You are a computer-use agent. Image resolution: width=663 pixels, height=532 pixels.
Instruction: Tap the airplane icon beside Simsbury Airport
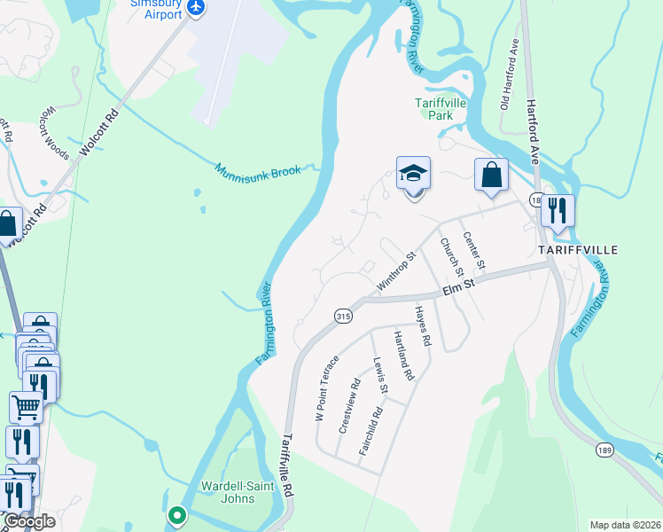[x=196, y=9]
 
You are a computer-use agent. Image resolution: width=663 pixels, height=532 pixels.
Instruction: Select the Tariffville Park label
[x=434, y=109]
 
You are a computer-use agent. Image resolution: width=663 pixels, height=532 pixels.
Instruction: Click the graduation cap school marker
[x=413, y=174]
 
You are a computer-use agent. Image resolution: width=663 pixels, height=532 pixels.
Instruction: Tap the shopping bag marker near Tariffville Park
[x=491, y=176]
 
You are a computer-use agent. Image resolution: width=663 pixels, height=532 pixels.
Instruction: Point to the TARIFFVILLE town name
[x=578, y=251]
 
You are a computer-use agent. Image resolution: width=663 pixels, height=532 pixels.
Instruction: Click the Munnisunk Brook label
[x=258, y=168]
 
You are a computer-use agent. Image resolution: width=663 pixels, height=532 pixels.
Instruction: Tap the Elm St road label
[x=457, y=286]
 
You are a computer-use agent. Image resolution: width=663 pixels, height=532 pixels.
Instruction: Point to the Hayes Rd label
[x=423, y=325]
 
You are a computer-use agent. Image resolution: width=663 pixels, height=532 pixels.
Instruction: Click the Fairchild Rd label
[x=370, y=431]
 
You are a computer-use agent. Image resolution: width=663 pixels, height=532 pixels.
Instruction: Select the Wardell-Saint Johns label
[x=228, y=492]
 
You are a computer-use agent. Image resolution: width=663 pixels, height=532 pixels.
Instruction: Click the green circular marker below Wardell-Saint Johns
[x=177, y=514]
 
